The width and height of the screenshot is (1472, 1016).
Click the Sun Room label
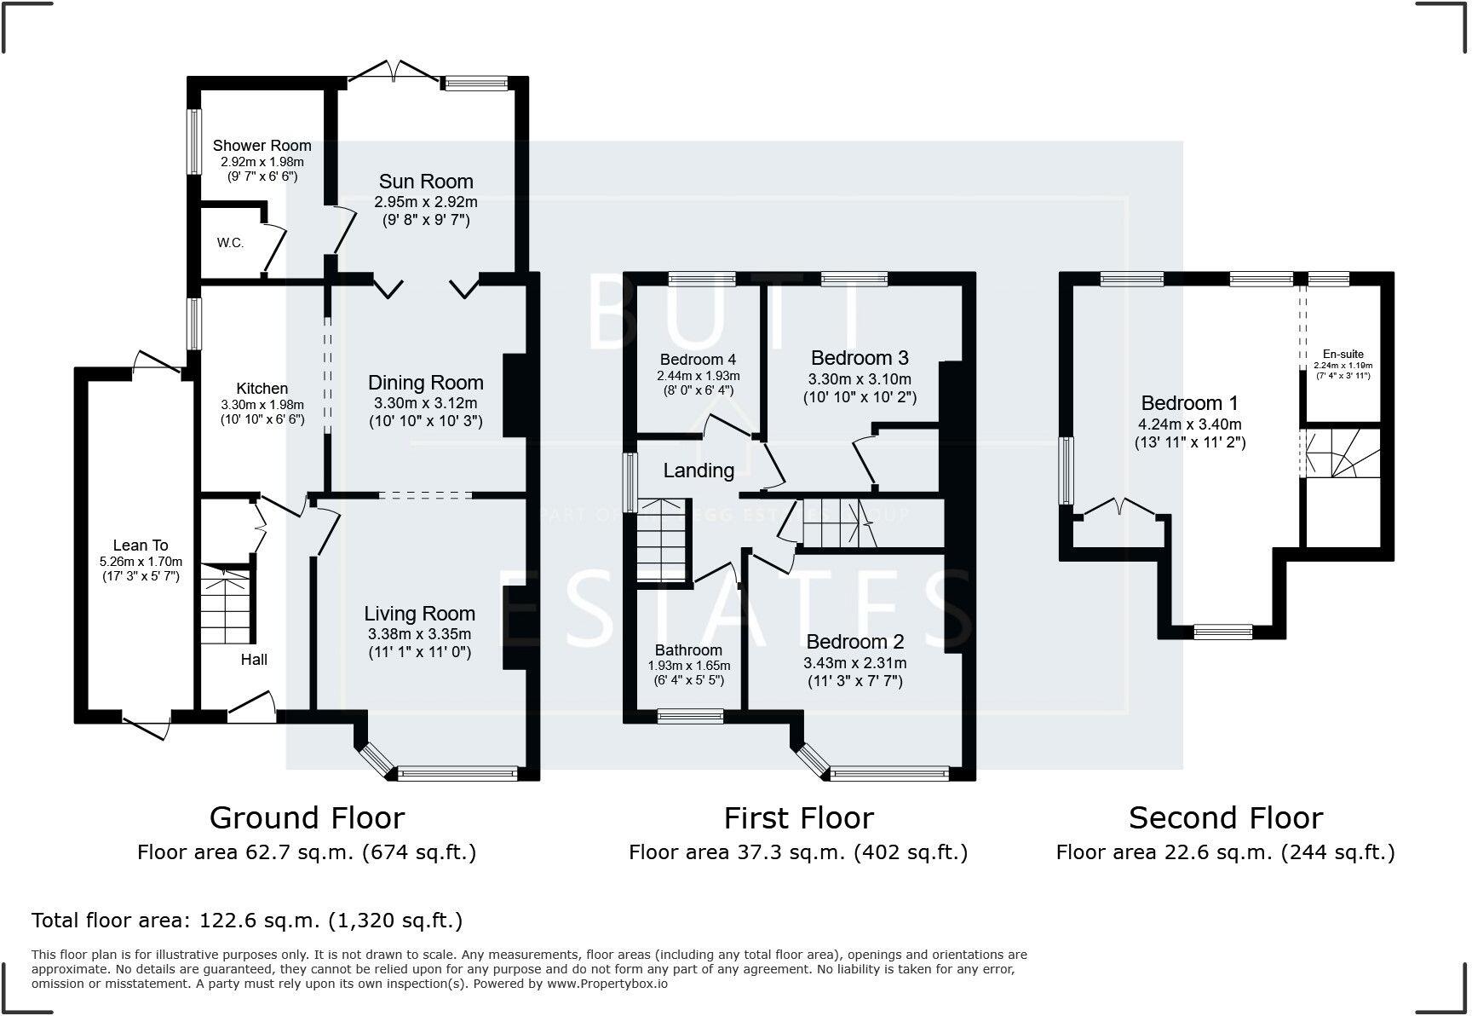coord(426,182)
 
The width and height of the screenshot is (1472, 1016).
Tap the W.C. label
coord(230,243)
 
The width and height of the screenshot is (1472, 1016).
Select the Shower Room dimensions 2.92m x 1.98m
coord(262,161)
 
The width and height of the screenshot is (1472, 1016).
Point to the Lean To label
coord(141,546)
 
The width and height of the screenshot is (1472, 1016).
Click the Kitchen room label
coord(262,389)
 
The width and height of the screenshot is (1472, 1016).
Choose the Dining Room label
coord(426,383)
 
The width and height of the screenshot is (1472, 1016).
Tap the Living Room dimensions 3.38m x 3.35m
coord(419,633)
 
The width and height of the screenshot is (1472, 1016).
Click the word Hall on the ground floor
coord(254,659)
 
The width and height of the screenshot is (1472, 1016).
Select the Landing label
coord(699,470)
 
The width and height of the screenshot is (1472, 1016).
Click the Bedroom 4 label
coord(698,360)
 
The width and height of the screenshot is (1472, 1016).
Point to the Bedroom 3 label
coord(860,357)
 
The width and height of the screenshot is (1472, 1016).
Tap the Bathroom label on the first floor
coord(688,650)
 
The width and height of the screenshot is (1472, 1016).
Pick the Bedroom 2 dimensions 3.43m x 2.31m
coord(854,662)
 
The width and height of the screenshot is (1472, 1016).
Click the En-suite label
coord(1343,354)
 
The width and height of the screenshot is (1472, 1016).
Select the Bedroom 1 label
coord(1189,403)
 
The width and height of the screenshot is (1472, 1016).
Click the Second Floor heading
coord(1225,817)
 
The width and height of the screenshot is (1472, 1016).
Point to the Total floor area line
coord(247,921)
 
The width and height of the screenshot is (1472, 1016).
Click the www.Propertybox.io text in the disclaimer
coord(607,984)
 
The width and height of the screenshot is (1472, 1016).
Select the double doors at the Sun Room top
coord(394,72)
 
